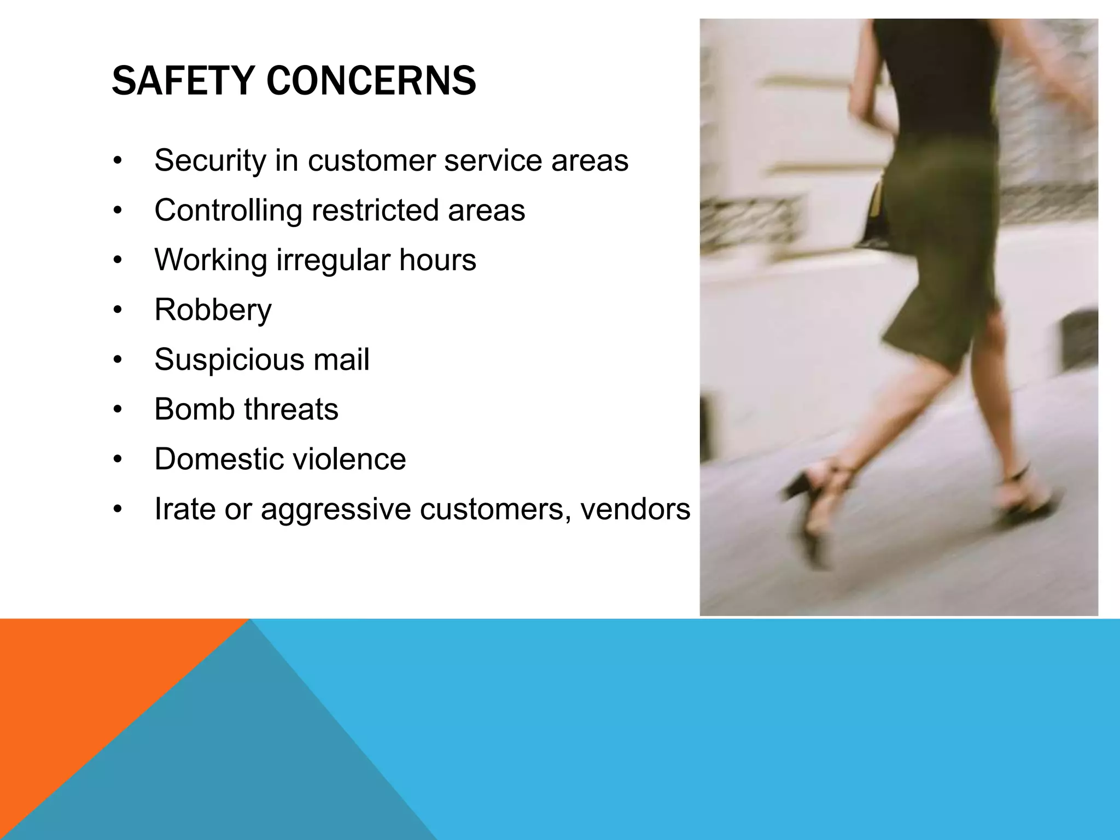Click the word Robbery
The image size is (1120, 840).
point(213,310)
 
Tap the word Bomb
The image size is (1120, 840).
point(194,409)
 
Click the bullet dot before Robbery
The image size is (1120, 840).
point(118,311)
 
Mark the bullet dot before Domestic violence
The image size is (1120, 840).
point(118,460)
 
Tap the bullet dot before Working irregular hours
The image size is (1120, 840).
point(118,261)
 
